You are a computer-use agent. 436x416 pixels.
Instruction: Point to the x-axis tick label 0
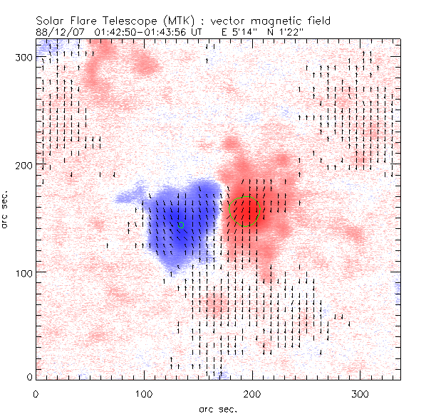pos(36,393)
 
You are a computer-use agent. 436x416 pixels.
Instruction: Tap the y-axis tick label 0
pos(30,377)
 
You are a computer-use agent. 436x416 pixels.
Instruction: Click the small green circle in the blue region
pos(181,225)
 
